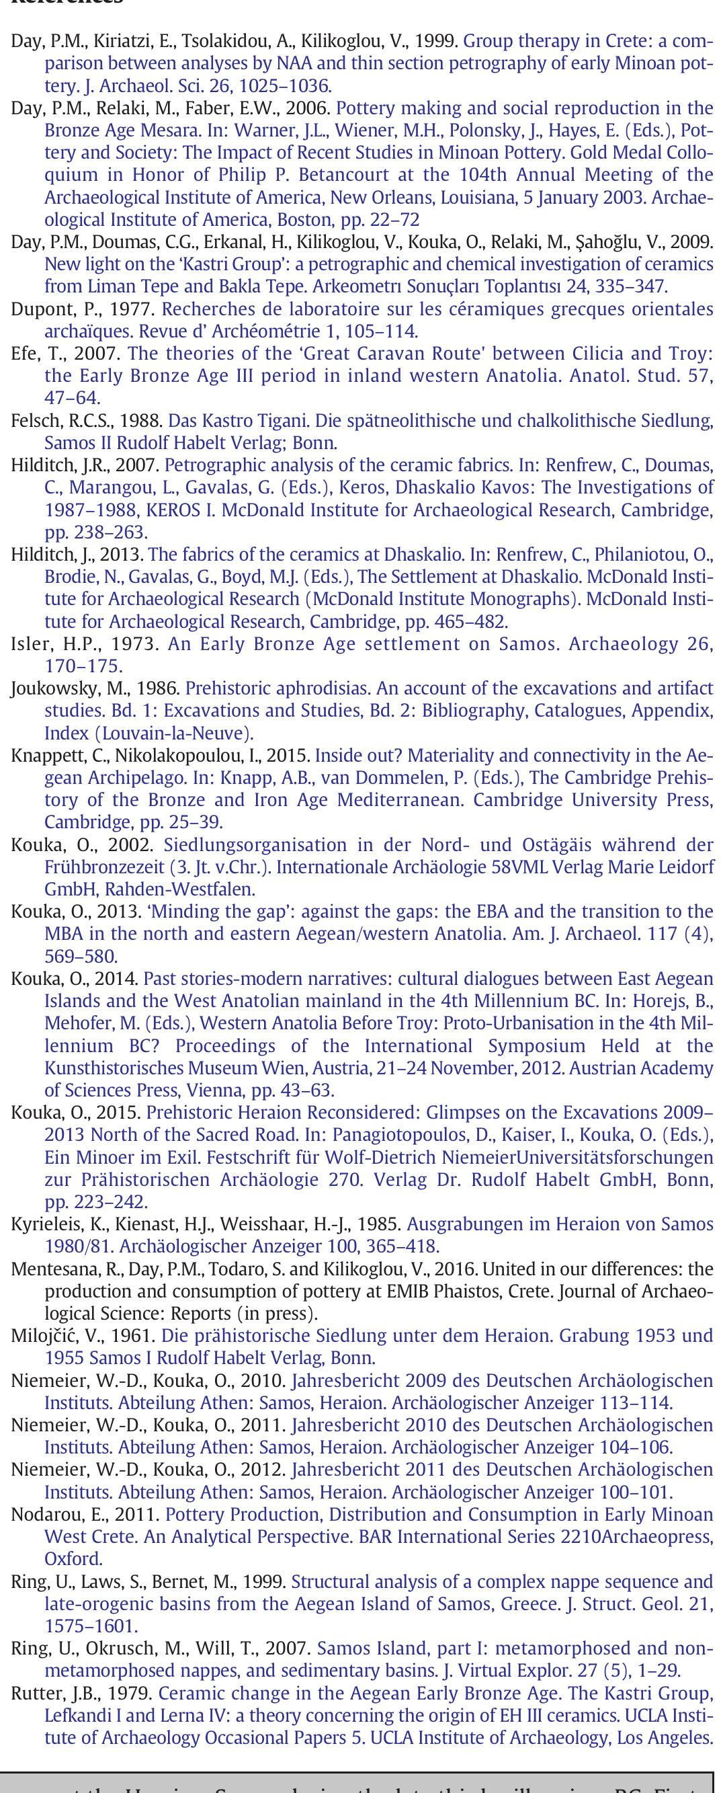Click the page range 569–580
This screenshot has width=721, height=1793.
[x=81, y=956]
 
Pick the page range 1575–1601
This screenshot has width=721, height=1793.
[x=90, y=1626]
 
